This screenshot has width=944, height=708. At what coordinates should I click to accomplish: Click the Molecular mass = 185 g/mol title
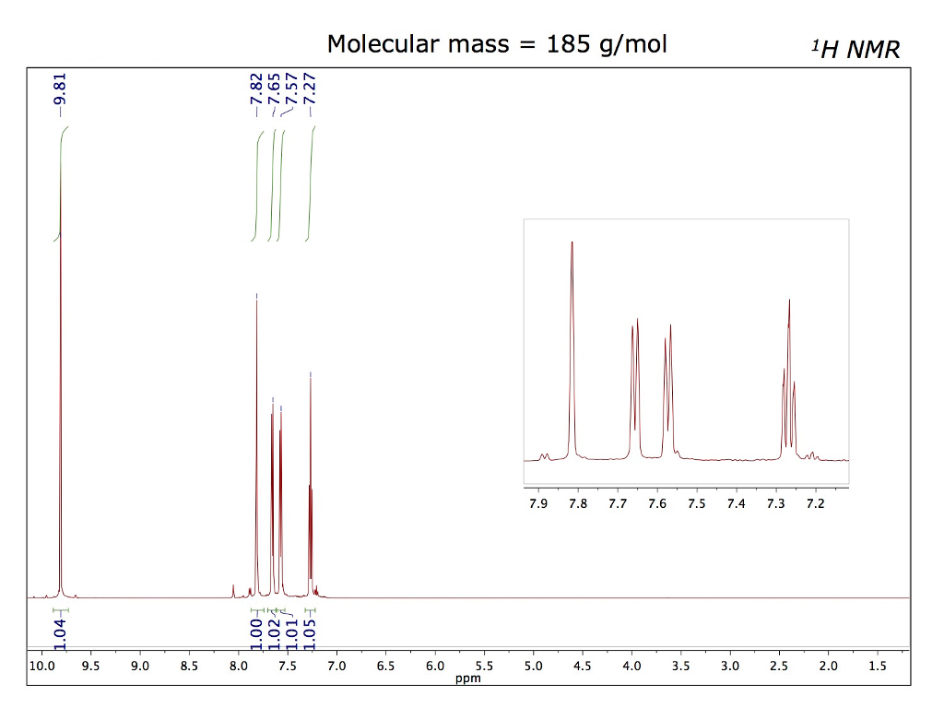tap(497, 43)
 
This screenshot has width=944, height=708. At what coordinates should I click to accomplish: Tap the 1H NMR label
tap(854, 49)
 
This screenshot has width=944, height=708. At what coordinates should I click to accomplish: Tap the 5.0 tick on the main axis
tap(533, 666)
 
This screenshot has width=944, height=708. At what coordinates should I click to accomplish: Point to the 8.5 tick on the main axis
tap(189, 666)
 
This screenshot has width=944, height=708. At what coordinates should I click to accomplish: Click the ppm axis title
tap(468, 679)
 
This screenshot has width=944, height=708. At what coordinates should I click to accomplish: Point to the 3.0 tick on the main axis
tap(729, 666)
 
